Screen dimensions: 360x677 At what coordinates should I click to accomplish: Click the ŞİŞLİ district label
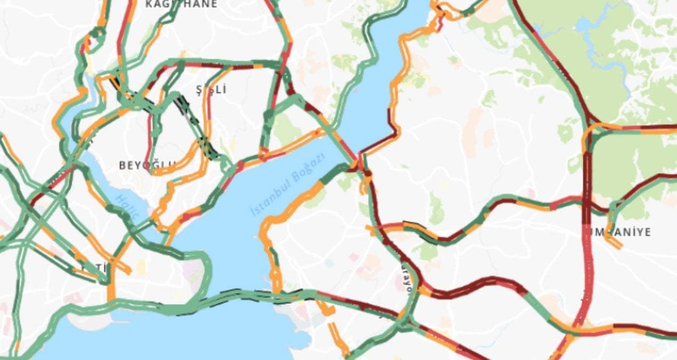tap(211, 89)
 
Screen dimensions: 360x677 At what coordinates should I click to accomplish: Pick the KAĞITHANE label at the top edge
tap(182, 4)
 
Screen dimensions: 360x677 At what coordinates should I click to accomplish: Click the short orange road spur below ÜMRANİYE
tap(614, 242)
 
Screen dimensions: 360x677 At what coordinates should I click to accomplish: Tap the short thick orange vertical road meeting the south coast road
tap(111, 285)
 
